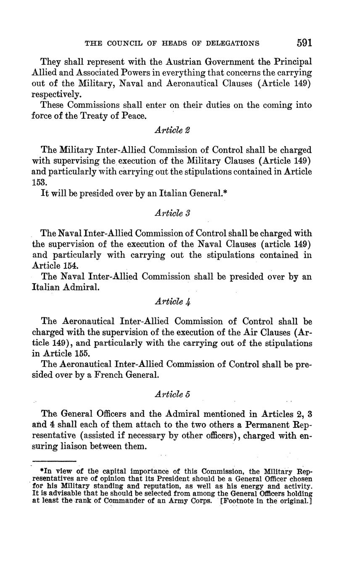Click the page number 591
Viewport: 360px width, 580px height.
click(304, 43)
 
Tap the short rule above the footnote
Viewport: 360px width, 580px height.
click(54, 461)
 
